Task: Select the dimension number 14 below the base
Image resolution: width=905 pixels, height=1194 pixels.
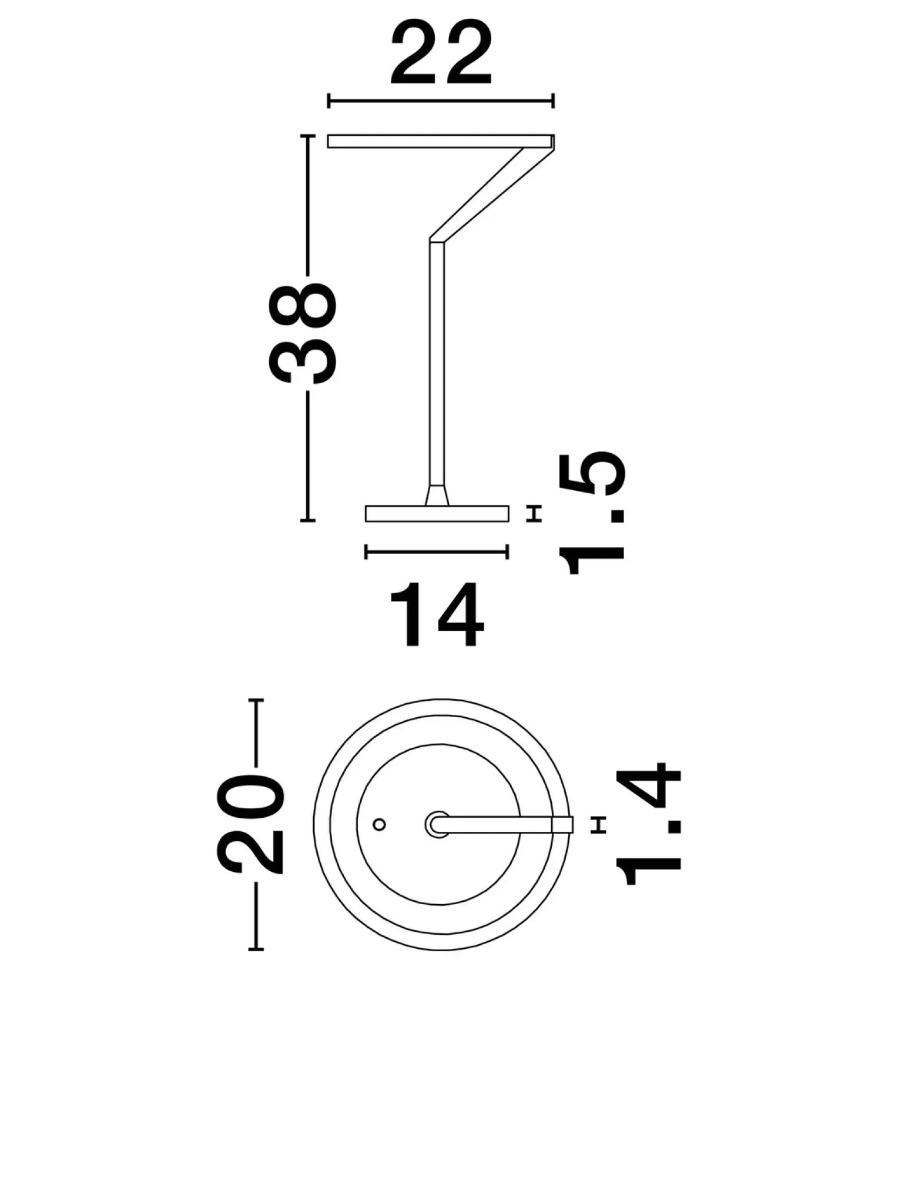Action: pos(437,616)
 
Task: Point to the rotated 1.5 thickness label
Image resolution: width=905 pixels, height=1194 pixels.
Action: pos(592,513)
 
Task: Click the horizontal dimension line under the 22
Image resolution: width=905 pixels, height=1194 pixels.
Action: pos(441,101)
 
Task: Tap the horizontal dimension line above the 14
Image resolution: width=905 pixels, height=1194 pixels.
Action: pos(437,551)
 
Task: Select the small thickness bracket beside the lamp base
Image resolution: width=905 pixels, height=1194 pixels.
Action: pos(534,513)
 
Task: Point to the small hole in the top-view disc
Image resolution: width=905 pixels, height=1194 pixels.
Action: pos(380,824)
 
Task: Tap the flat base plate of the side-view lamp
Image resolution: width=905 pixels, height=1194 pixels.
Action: pos(437,513)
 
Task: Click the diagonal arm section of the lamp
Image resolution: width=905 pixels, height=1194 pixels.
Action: pos(492,194)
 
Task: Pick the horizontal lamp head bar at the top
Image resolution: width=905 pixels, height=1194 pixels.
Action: pos(441,141)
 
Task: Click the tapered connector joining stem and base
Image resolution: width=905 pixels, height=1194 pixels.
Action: pos(437,495)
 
